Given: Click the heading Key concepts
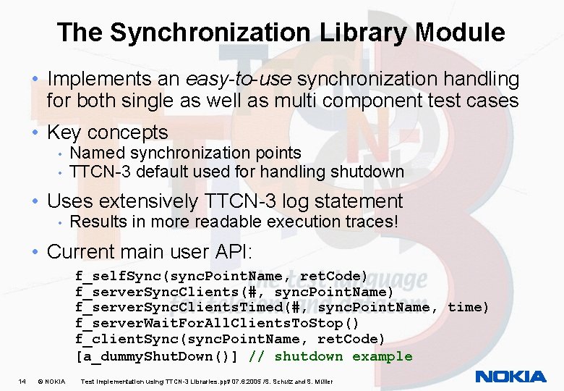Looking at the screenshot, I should (107, 133).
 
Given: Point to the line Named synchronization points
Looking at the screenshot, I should (185, 153).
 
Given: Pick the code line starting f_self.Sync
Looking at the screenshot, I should (221, 275).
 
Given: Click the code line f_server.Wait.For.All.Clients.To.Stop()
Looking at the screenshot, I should (217, 323).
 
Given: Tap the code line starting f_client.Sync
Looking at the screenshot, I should (230, 339).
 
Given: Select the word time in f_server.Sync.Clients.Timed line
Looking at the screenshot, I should (468, 307).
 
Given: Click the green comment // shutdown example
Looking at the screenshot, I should (330, 356).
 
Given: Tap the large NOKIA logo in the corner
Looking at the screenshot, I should (510, 377).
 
